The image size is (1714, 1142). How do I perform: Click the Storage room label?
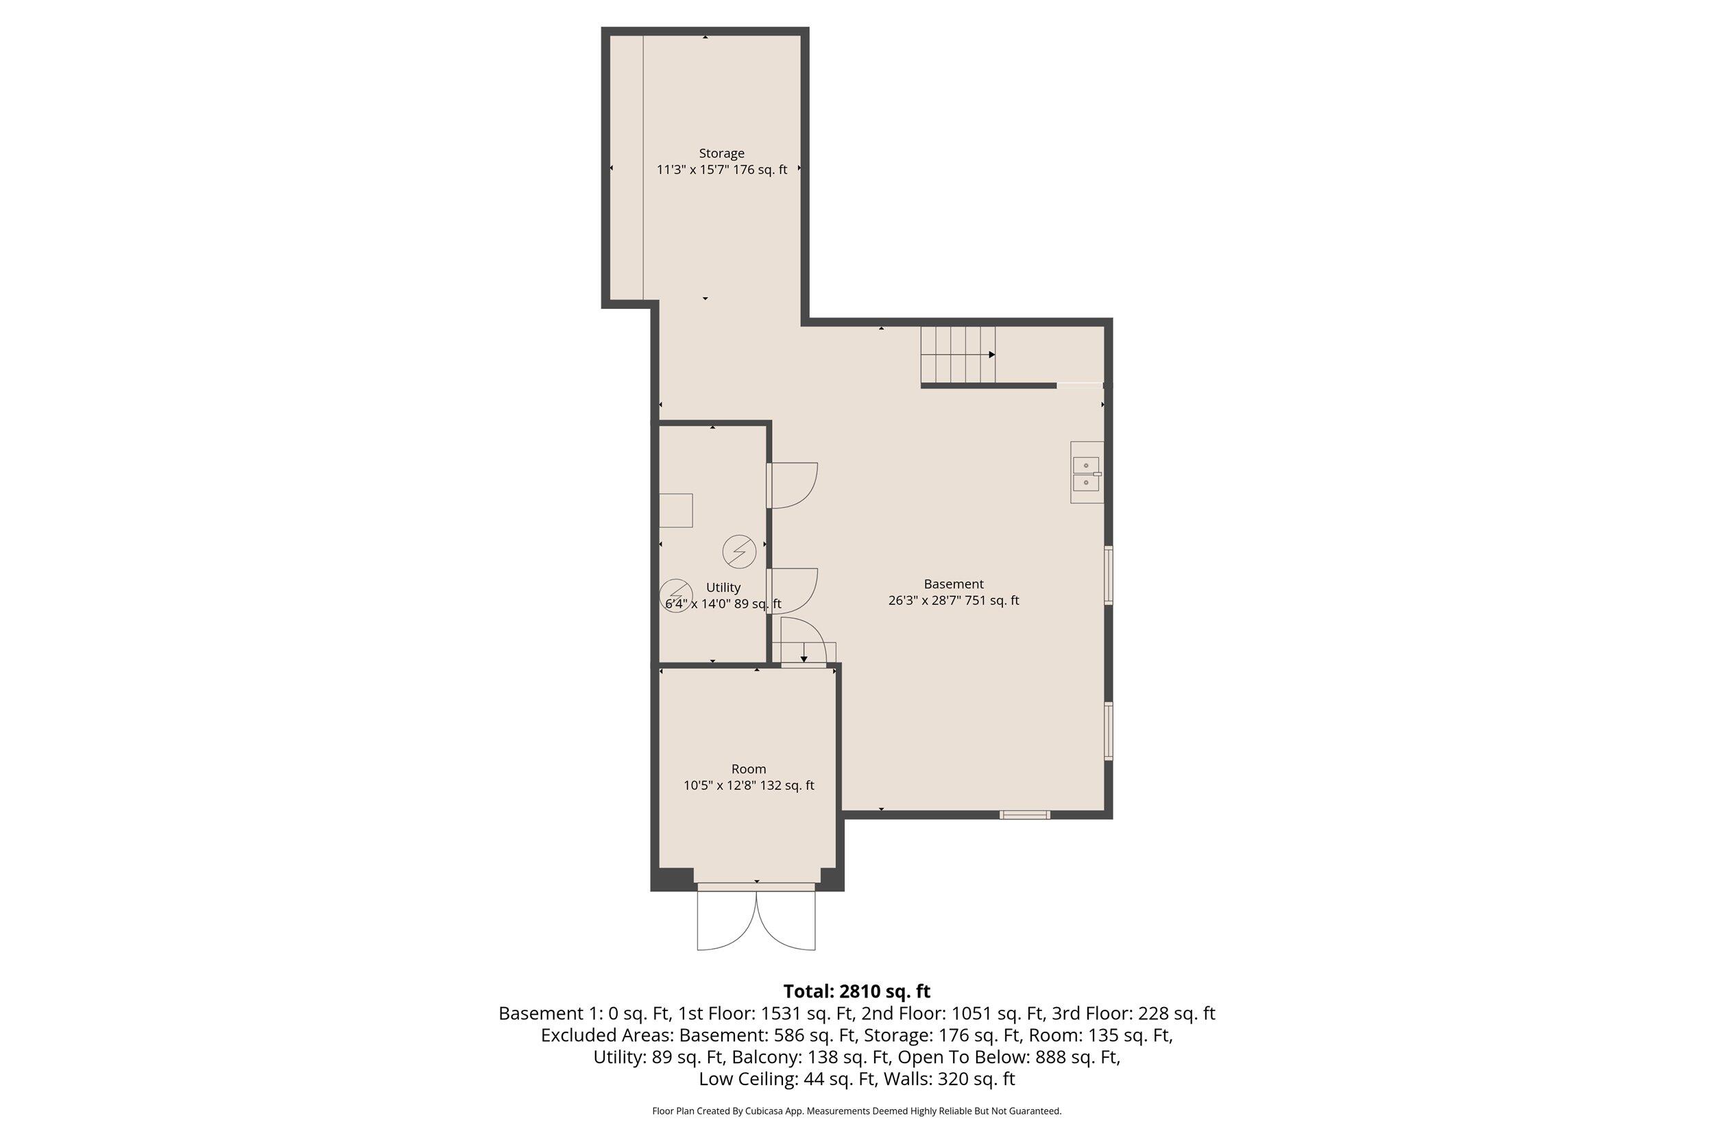click(x=721, y=153)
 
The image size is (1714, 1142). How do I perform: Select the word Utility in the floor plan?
click(x=723, y=588)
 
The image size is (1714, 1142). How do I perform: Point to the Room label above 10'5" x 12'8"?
click(x=749, y=769)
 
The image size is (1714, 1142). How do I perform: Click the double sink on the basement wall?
click(x=1086, y=473)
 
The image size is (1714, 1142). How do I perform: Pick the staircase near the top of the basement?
click(x=958, y=355)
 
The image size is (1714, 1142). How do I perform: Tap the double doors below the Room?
click(x=756, y=919)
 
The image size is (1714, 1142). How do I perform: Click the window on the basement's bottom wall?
click(x=1024, y=815)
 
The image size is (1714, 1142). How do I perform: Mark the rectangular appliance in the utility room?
click(x=675, y=510)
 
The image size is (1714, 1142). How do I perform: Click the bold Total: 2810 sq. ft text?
click(x=856, y=991)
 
